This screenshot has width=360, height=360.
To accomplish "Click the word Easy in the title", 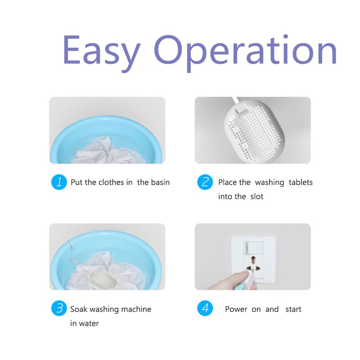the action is (x=101, y=52).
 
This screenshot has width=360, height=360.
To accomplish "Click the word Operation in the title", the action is (x=245, y=52).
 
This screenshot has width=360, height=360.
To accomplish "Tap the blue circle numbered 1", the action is (x=59, y=182).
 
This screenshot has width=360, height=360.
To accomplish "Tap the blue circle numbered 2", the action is (x=205, y=182).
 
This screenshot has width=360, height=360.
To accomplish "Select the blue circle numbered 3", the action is (x=59, y=308).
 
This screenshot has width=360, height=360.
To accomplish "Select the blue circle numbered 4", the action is (x=205, y=308).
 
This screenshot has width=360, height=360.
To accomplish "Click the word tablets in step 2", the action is (x=301, y=182).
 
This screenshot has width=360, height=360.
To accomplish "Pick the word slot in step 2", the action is (x=257, y=197).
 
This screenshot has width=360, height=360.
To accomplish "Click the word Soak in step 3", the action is (x=79, y=309).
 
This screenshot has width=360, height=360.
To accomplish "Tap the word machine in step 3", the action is (x=136, y=309).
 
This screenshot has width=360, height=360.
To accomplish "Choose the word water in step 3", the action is (x=89, y=324).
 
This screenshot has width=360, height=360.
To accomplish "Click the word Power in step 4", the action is (x=236, y=309).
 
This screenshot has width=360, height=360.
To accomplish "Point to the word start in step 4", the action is (x=293, y=309).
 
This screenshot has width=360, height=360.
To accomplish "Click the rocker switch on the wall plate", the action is (x=253, y=247).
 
